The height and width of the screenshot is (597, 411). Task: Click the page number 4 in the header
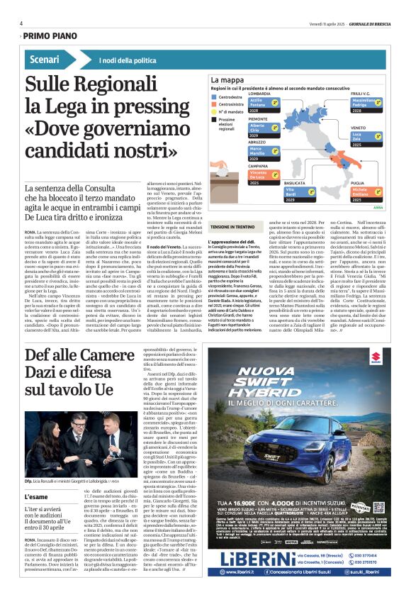(x=21, y=23)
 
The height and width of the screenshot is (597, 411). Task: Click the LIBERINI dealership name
(x=252, y=559)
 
